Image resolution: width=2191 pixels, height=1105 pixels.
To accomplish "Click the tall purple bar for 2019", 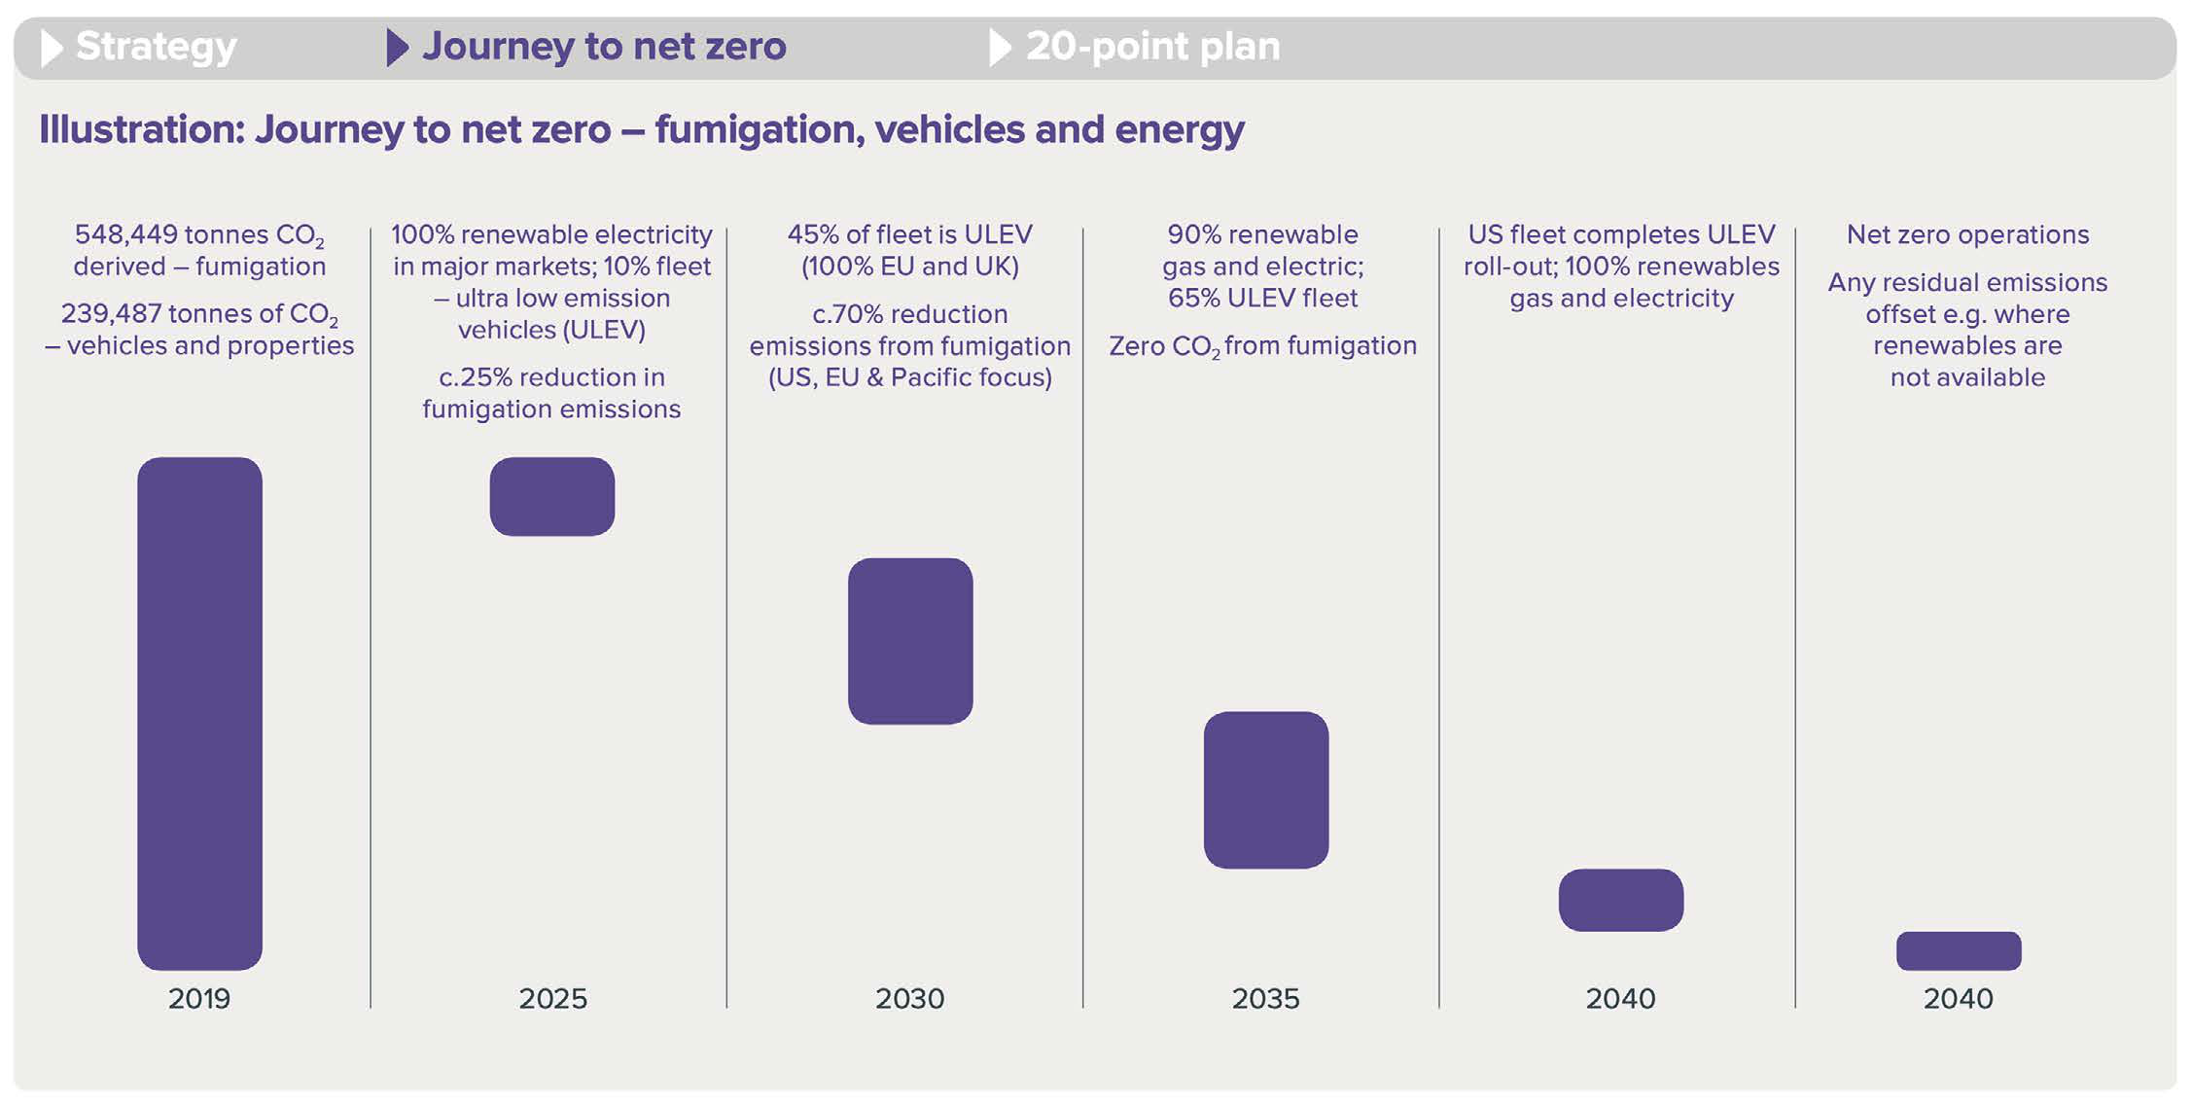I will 199,713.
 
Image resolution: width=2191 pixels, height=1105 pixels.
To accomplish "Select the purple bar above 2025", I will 551,496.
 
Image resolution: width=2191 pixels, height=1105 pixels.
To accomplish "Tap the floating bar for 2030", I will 910,641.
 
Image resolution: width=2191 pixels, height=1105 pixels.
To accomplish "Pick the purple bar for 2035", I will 1265,790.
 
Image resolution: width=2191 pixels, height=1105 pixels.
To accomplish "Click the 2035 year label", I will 1265,998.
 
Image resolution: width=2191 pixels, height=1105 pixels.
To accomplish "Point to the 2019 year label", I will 199,998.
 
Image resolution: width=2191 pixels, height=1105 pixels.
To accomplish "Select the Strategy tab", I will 156,46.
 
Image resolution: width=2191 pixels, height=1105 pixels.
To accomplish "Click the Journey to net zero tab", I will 603,46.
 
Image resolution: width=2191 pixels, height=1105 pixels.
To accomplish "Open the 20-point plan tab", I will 1152,46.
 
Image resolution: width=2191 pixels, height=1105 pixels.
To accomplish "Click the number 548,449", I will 126,234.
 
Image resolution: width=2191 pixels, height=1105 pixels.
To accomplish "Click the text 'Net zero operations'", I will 1967,234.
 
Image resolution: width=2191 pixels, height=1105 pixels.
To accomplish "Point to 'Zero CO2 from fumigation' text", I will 1262,345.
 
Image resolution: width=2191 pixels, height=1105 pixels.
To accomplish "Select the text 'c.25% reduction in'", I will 551,376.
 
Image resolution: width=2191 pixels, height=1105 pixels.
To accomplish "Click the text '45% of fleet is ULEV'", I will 909,234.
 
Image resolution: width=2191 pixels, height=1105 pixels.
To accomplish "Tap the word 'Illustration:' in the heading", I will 142,129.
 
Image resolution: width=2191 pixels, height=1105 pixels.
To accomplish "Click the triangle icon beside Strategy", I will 51,47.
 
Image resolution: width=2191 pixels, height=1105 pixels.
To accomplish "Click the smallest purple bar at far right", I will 1958,950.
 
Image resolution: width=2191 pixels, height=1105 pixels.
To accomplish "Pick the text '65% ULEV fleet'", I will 1262,298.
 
